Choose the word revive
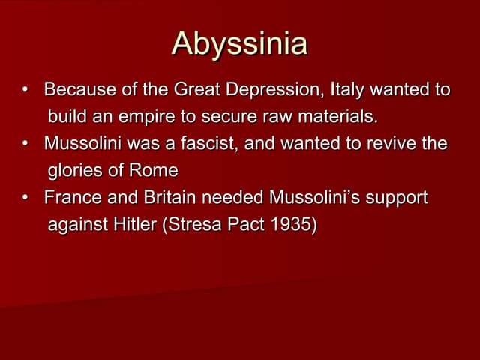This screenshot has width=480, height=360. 392,143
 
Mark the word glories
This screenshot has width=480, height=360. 74,170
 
